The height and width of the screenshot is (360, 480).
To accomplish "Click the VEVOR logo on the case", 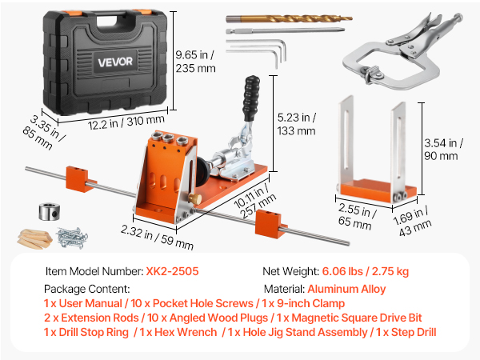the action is click(x=115, y=62).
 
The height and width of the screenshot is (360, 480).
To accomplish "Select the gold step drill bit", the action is click(x=290, y=19).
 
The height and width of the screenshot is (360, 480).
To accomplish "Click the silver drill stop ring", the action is click(x=49, y=211).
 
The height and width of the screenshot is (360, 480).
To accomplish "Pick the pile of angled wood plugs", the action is click(x=34, y=238).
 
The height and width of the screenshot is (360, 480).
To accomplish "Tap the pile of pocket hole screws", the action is click(x=72, y=238).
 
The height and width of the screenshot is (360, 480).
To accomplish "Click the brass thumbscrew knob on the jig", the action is click(x=195, y=198).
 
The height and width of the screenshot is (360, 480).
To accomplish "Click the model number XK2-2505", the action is click(x=172, y=271).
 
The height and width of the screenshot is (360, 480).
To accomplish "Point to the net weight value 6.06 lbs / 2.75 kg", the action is click(x=366, y=271).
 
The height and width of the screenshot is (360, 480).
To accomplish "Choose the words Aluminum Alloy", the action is click(x=346, y=289).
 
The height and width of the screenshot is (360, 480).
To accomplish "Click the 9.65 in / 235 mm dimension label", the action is click(x=195, y=62).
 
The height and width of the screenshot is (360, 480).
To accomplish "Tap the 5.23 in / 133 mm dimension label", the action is click(x=296, y=124).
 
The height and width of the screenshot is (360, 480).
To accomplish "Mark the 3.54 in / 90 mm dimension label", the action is click(x=443, y=150).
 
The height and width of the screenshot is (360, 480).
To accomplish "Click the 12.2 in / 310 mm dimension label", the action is click(x=126, y=122).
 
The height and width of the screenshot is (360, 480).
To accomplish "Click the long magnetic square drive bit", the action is click(x=286, y=30).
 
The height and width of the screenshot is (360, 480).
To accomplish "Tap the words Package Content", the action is click(x=87, y=289).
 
